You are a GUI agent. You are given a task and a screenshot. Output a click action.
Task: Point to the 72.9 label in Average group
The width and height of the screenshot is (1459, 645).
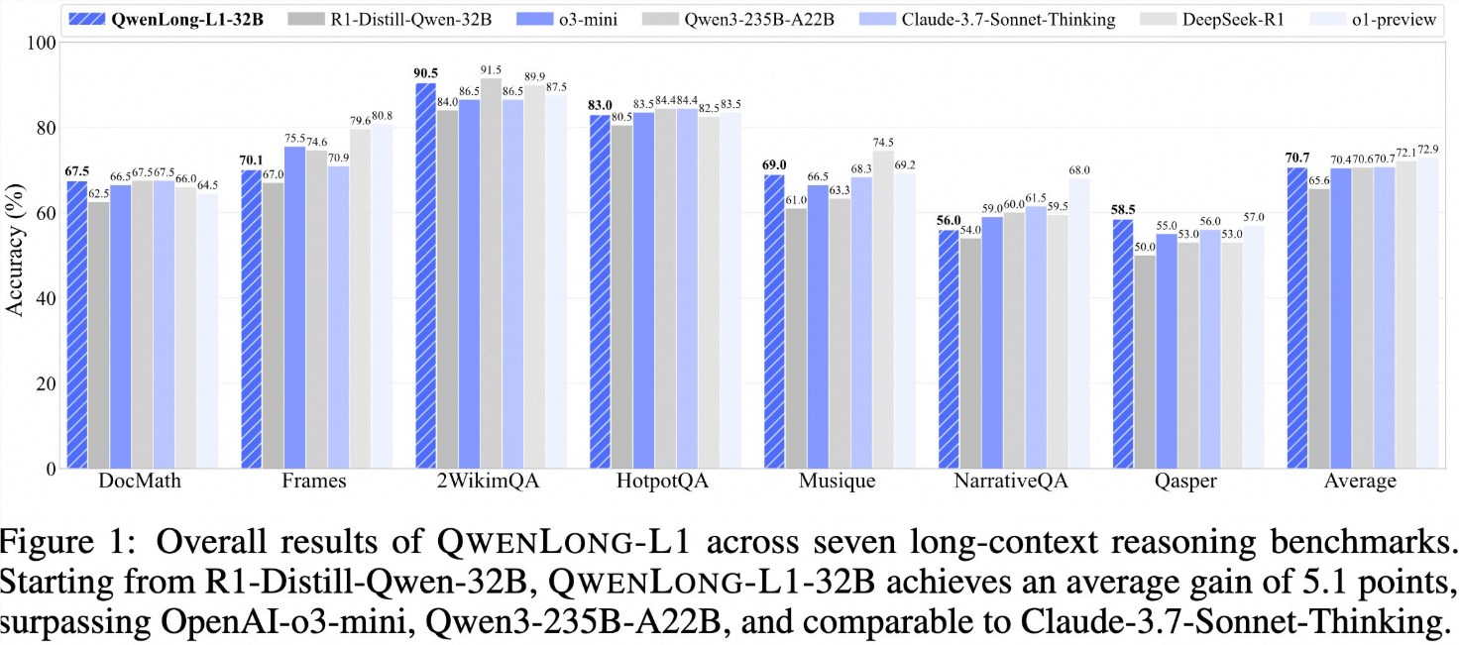pos(1427,149)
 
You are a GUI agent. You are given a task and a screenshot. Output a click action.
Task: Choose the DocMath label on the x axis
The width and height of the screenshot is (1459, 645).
pos(131,483)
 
